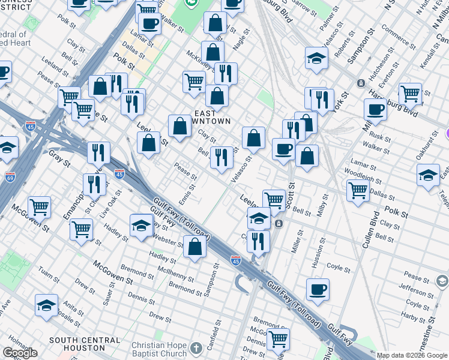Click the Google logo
[20, 353]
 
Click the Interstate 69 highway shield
[10, 177]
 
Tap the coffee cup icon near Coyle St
[318, 290]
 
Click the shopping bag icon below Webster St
[194, 246]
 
